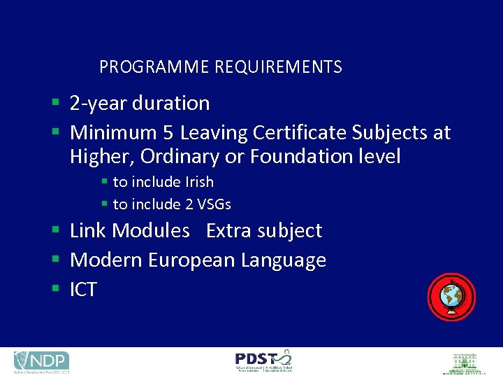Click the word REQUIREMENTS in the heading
pyautogui.click(x=278, y=67)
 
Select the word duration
pyautogui.click(x=170, y=104)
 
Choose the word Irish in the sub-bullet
pyautogui.click(x=199, y=182)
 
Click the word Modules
pyautogui.click(x=150, y=230)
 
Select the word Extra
pyautogui.click(x=230, y=230)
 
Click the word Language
pyautogui.click(x=284, y=260)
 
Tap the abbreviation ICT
pyautogui.click(x=83, y=290)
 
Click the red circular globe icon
pyautogui.click(x=451, y=297)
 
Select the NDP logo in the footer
pyautogui.click(x=41, y=361)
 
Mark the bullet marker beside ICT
pyautogui.click(x=54, y=289)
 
